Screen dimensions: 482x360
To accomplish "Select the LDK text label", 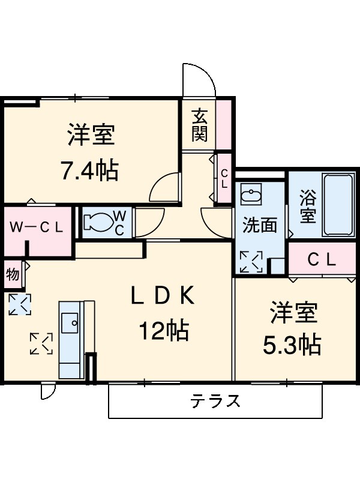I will click(163, 295).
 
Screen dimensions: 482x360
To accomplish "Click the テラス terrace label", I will click(216, 400).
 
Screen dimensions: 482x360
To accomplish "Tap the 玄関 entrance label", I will click(199, 124).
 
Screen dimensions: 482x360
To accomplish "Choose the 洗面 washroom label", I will click(259, 225).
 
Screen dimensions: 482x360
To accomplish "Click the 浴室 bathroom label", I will click(308, 206).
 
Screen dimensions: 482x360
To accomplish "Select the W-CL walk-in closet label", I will click(37, 227).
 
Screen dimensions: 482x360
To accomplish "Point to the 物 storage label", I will click(13, 274).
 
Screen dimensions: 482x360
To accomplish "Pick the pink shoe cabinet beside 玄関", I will click(224, 124).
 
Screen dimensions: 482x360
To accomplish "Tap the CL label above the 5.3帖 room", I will click(322, 260).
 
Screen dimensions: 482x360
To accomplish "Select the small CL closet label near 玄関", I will click(224, 179).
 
